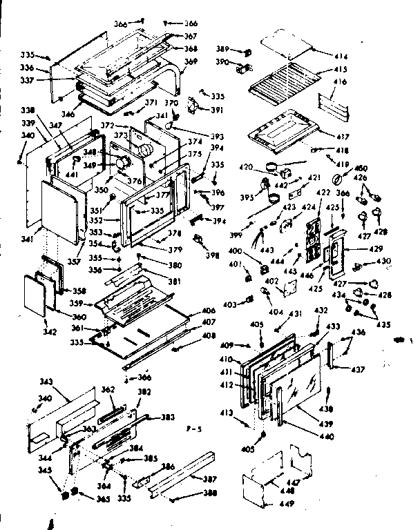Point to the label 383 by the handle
click(x=168, y=417)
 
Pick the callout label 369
click(x=191, y=62)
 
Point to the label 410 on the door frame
click(x=227, y=359)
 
